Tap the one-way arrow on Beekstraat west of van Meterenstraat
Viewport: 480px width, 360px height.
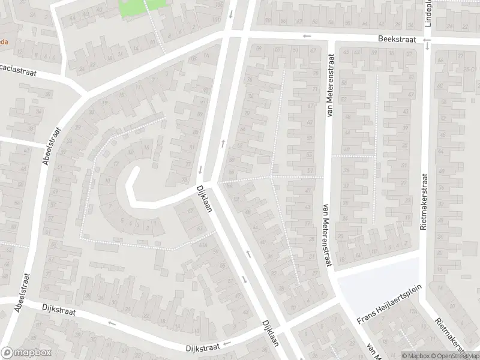pyautogui.click(x=307, y=36)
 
